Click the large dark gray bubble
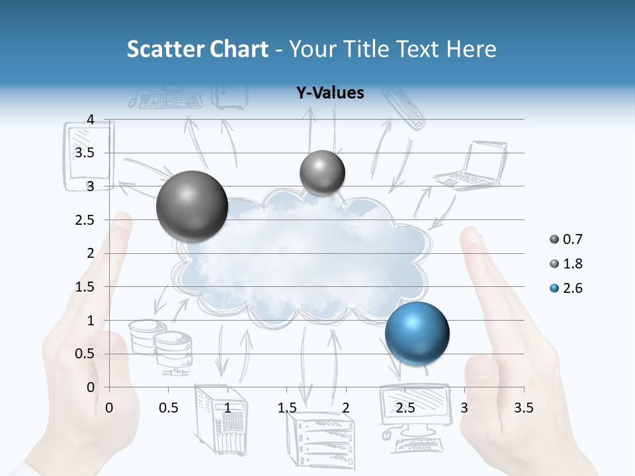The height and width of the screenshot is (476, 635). pyautogui.click(x=192, y=206)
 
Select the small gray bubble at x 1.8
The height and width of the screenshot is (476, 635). pyautogui.click(x=322, y=173)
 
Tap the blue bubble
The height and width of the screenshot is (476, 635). pyautogui.click(x=417, y=333)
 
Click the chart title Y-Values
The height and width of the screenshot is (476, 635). pyautogui.click(x=330, y=93)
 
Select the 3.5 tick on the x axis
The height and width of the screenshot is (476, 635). pyautogui.click(x=523, y=407)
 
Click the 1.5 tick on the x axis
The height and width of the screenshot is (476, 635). pyautogui.click(x=287, y=407)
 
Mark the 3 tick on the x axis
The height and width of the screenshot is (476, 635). pyautogui.click(x=464, y=407)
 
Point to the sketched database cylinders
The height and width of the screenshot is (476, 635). pyautogui.click(x=161, y=344)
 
